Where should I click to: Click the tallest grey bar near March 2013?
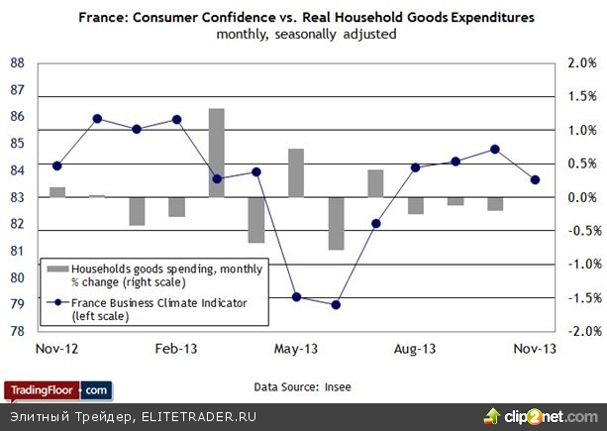tap(216, 152)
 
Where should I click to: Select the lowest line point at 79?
tap(336, 304)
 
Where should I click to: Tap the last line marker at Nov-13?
tap(536, 179)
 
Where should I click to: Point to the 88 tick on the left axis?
tap(17, 63)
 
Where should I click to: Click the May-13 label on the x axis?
tap(296, 349)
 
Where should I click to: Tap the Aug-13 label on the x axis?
tap(415, 349)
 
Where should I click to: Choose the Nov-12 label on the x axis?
tap(57, 349)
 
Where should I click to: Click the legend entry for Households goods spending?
tap(149, 275)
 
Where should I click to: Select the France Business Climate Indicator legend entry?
tap(149, 309)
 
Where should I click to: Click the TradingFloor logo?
tap(56, 389)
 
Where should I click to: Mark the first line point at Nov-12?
tap(57, 165)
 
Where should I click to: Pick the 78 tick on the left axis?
tap(17, 331)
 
